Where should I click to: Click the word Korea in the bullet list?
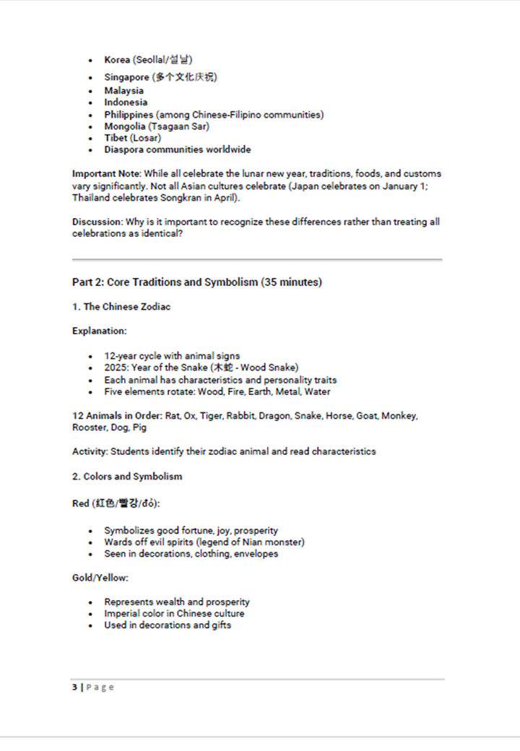pyautogui.click(x=117, y=60)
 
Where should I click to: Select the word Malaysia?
pyautogui.click(x=123, y=91)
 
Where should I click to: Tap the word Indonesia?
pyautogui.click(x=126, y=103)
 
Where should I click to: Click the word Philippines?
pyautogui.click(x=129, y=115)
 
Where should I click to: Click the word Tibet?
pyautogui.click(x=116, y=138)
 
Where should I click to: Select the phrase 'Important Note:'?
pyautogui.click(x=106, y=174)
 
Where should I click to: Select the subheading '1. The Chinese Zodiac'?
pyautogui.click(x=121, y=307)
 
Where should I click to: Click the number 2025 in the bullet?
pyautogui.click(x=116, y=368)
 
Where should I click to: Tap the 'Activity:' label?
pyautogui.click(x=90, y=451)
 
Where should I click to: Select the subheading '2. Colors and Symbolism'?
pyautogui.click(x=127, y=477)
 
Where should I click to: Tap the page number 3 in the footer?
pyautogui.click(x=74, y=687)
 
